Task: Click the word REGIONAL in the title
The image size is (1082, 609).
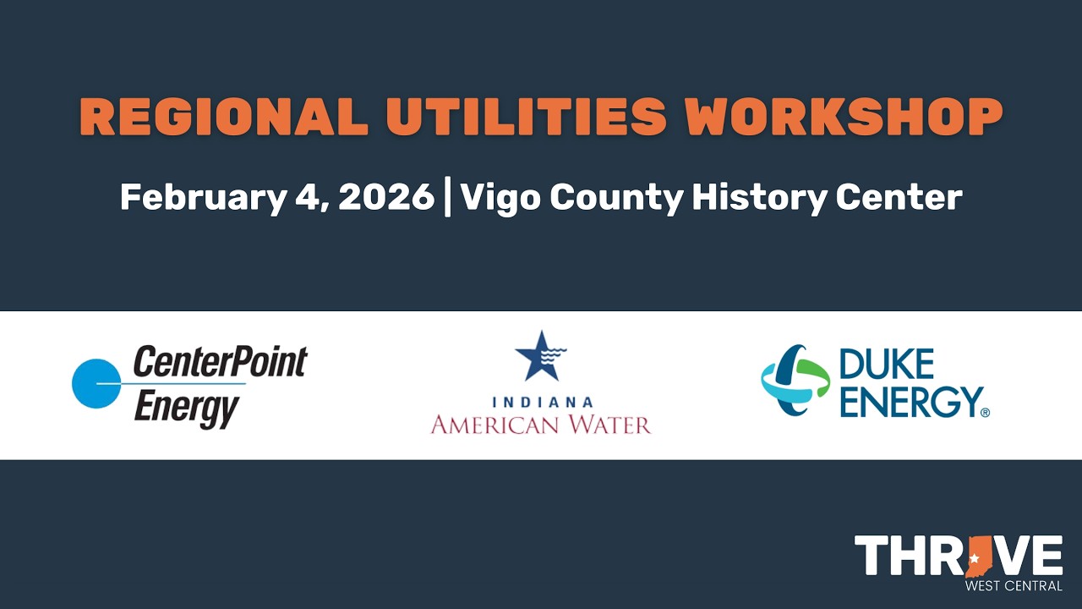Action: point(224,117)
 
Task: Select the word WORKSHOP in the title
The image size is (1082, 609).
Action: point(844,117)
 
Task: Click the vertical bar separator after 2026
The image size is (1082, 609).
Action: point(448,198)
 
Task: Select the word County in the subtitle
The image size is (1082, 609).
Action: point(616,198)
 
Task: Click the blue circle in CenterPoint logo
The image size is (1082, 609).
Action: point(96,384)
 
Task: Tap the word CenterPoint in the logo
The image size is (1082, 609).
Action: point(221,361)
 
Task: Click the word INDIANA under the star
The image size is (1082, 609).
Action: point(541,403)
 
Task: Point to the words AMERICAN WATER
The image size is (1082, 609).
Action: point(541,424)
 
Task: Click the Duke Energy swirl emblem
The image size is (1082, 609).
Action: point(795,380)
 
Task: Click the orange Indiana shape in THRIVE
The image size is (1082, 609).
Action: point(981,557)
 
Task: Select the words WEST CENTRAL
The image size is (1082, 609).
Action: point(1014,586)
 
